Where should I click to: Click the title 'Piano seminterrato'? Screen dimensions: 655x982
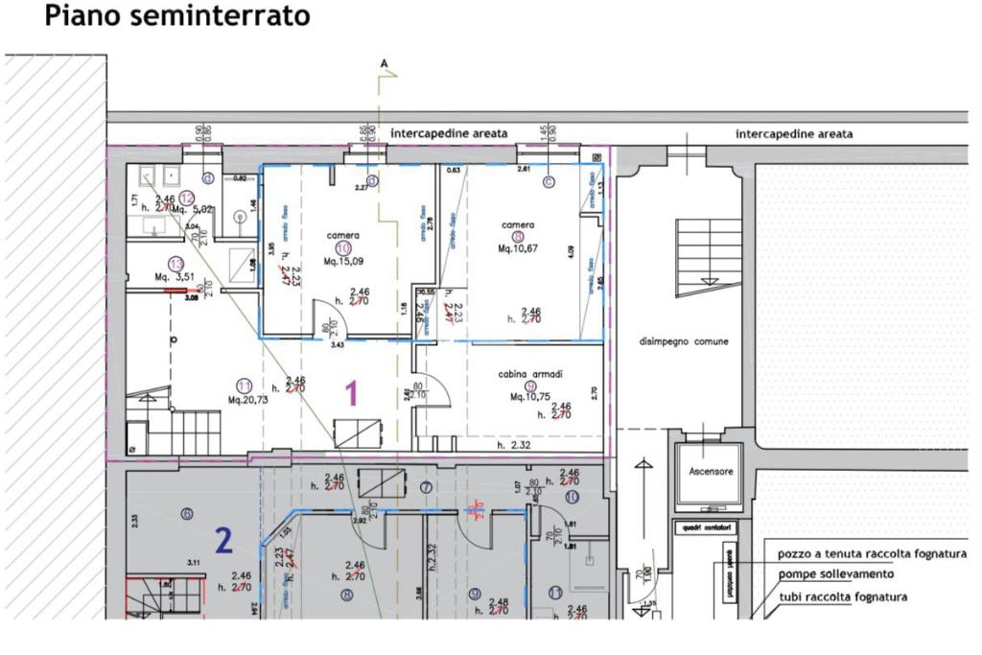click(177, 16)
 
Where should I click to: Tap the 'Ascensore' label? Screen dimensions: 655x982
click(710, 473)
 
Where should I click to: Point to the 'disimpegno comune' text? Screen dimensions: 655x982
click(685, 341)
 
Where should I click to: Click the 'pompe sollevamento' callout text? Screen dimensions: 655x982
click(836, 573)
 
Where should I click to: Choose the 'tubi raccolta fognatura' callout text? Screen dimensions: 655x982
click(843, 597)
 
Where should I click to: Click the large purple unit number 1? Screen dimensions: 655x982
click(351, 392)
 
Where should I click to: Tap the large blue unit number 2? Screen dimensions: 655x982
click(223, 543)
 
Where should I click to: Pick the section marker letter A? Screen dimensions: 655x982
click(384, 63)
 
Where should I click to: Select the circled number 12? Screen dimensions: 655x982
click(187, 197)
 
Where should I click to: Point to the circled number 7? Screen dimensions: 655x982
click(427, 487)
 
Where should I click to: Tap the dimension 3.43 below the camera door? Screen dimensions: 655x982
click(338, 344)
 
